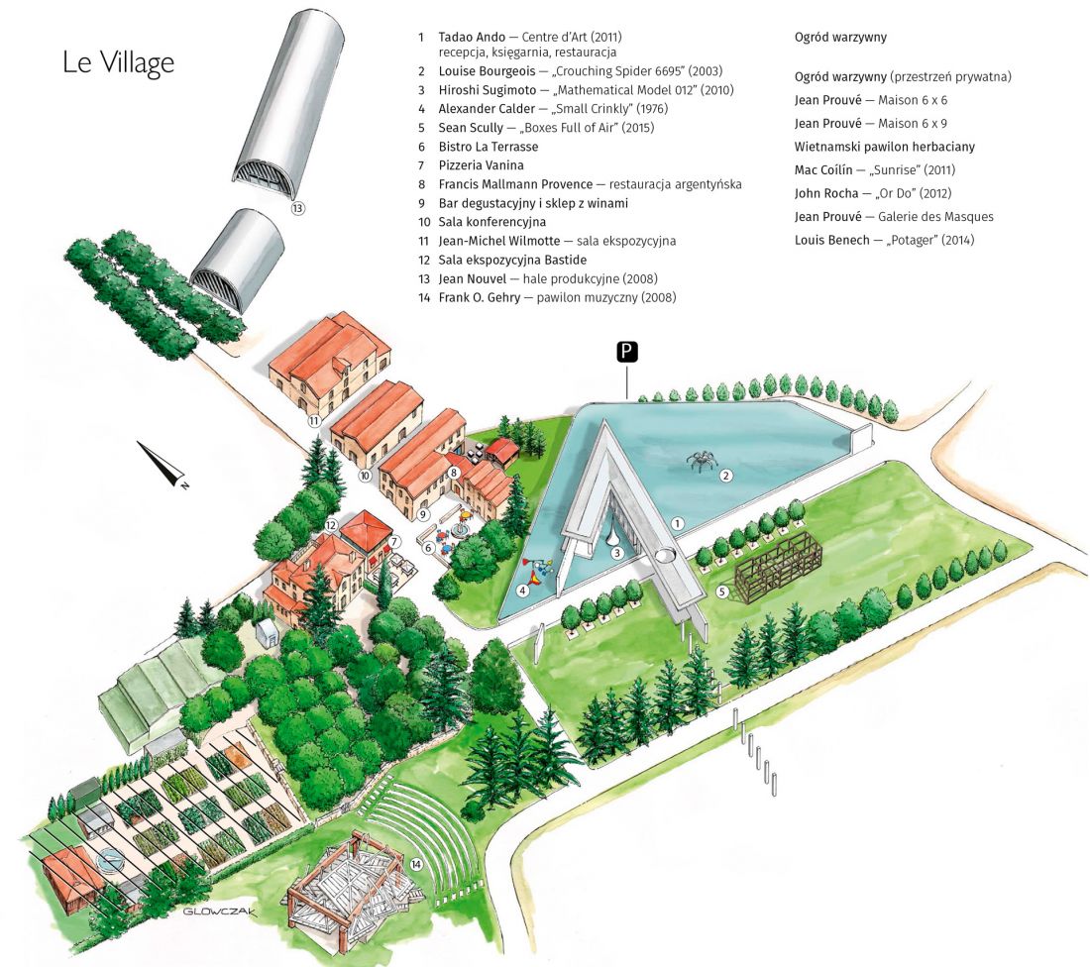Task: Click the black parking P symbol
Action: click(x=627, y=352)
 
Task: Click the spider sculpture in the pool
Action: click(x=700, y=460)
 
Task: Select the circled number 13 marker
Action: click(x=298, y=207)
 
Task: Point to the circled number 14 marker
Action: click(x=416, y=864)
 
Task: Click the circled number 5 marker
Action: click(x=722, y=592)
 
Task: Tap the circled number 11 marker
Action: click(x=314, y=421)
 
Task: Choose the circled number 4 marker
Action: click(x=522, y=591)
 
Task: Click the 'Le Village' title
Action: click(x=118, y=62)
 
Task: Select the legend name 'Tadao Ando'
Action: click(x=472, y=36)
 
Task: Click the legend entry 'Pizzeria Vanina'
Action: click(x=481, y=164)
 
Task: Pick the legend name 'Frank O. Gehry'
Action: click(x=479, y=297)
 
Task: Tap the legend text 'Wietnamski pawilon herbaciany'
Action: click(x=884, y=147)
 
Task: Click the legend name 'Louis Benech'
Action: click(x=832, y=240)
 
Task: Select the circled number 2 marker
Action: click(x=726, y=476)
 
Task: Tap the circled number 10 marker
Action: click(x=365, y=476)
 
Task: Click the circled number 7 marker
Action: click(x=394, y=542)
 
